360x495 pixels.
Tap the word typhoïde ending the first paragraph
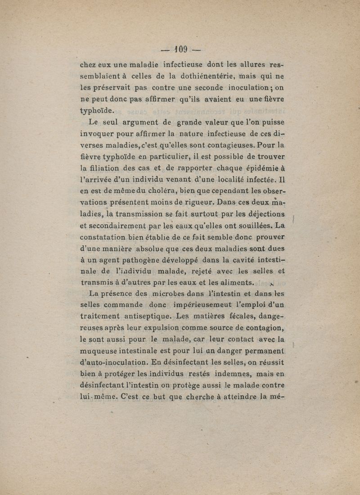[97, 111]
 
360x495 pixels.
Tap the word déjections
[261, 214]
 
